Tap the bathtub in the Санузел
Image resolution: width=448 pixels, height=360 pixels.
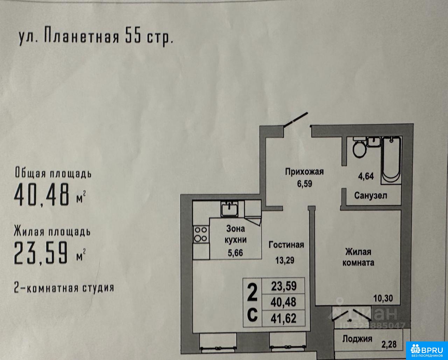pyautogui.click(x=391, y=160)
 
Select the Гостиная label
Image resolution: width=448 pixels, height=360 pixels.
pyautogui.click(x=286, y=244)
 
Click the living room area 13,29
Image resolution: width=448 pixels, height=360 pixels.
pyautogui.click(x=285, y=261)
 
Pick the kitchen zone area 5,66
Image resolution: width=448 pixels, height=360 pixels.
pyautogui.click(x=235, y=253)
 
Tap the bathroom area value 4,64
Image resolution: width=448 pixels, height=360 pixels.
pyautogui.click(x=366, y=176)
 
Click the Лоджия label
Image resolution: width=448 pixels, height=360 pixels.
pyautogui.click(x=357, y=339)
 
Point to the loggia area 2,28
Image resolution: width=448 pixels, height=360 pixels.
pyautogui.click(x=389, y=344)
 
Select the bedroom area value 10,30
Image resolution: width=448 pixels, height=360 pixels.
pyautogui.click(x=383, y=298)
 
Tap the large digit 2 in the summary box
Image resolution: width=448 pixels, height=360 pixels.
pyautogui.click(x=252, y=293)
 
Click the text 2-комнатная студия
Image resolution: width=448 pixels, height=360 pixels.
pyautogui.click(x=64, y=288)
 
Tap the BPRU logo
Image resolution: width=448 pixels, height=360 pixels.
pyautogui.click(x=427, y=351)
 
